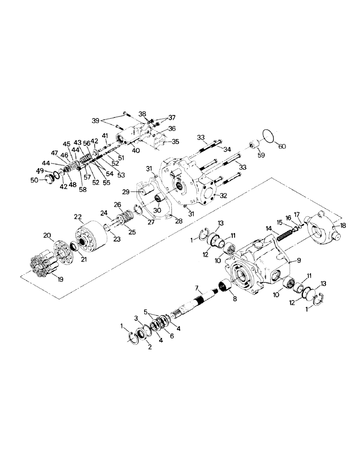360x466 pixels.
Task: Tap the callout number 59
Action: tap(260, 155)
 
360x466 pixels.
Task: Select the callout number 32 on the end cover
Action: tap(223, 196)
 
